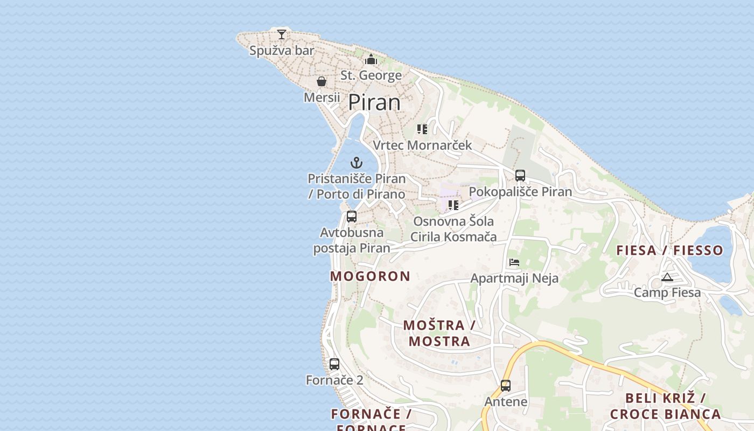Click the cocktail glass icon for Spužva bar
(282, 34)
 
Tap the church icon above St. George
(371, 59)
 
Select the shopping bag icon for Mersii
(322, 81)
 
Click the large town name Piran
(374, 102)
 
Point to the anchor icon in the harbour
(357, 162)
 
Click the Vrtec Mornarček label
(422, 145)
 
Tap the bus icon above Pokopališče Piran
(520, 175)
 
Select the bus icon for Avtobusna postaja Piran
(352, 217)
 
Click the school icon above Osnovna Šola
(453, 205)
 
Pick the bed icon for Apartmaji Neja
(514, 263)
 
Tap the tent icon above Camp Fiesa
(667, 277)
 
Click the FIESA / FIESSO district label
(669, 250)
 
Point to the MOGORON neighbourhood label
(370, 276)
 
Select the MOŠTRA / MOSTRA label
(439, 333)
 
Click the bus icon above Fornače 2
(334, 364)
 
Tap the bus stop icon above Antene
(505, 386)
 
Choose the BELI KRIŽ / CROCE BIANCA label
(665, 406)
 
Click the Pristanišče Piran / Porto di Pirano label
(357, 186)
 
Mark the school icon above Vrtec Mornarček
(422, 129)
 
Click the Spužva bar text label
(282, 51)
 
